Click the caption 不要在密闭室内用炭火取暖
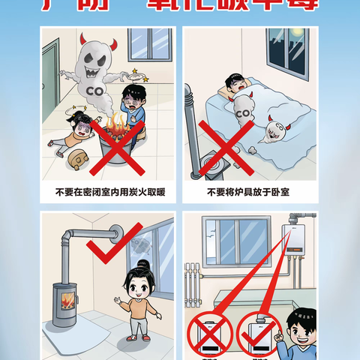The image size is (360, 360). [109, 193]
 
